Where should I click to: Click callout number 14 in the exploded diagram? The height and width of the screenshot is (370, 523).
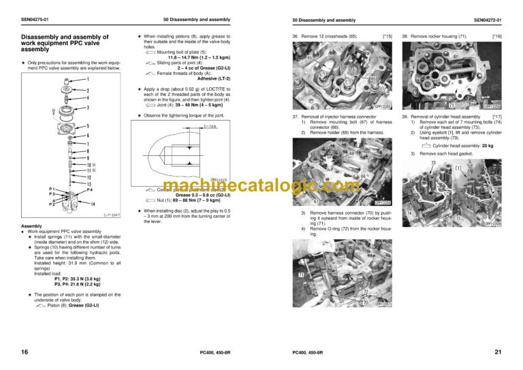93,204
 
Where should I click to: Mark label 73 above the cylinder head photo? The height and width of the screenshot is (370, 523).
433,163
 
